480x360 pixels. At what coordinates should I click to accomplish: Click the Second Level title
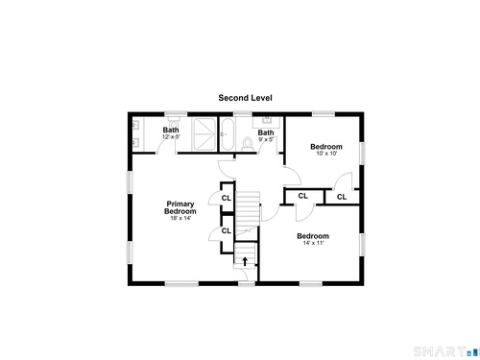245,98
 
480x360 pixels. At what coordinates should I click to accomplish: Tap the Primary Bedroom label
180,207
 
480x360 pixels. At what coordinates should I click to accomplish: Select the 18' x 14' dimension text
180,218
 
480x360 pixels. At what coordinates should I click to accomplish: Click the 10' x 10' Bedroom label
326,147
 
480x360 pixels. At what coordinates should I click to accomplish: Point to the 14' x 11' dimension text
314,243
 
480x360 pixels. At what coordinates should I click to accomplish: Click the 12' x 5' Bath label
171,130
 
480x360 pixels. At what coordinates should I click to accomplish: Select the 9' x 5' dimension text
266,139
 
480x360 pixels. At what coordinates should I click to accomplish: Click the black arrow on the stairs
245,261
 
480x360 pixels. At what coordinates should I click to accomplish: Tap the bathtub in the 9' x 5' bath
228,134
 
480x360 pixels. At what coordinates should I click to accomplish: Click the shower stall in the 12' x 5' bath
204,133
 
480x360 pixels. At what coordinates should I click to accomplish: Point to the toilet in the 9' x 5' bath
248,144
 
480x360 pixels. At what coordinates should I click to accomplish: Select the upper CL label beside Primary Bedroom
227,198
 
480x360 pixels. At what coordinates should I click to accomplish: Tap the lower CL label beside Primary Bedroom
227,230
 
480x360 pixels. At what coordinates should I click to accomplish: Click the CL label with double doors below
302,196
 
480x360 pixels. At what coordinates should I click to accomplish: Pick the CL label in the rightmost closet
342,197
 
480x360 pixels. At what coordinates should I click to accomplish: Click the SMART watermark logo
446,351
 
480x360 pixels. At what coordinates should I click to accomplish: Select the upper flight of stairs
248,210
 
